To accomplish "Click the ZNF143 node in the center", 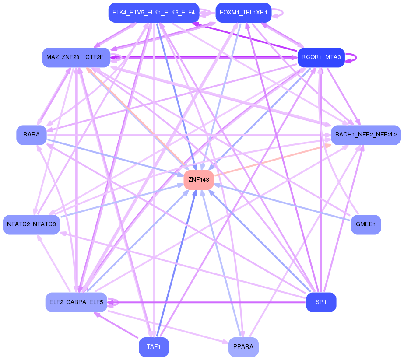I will tap(199, 179).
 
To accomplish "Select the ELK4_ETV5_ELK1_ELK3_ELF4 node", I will tap(154, 13).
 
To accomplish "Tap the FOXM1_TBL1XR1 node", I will tap(243, 13).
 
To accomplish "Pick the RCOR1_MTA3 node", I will tap(321, 57).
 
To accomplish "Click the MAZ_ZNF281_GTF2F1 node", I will tap(76, 57).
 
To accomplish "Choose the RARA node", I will tap(32, 135).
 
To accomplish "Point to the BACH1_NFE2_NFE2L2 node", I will tap(366, 135).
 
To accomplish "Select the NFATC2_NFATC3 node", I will tap(32, 224).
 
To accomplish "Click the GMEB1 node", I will tap(366, 224).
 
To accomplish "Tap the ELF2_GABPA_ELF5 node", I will tap(76, 302).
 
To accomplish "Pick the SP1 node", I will tap(321, 302).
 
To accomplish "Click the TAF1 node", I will tap(154, 347).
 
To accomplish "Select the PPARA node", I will tap(243, 347).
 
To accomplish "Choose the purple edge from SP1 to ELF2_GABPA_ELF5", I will tap(210, 302).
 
